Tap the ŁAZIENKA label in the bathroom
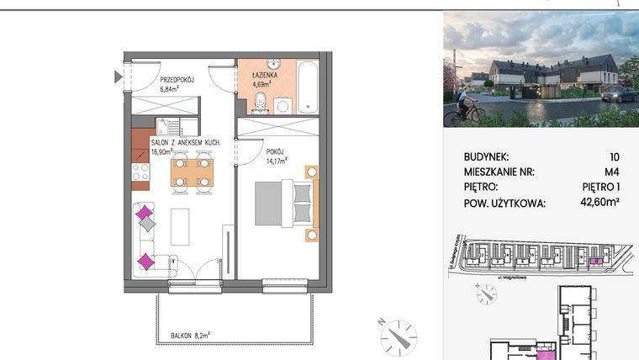[265, 75]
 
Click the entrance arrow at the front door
[118, 77]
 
